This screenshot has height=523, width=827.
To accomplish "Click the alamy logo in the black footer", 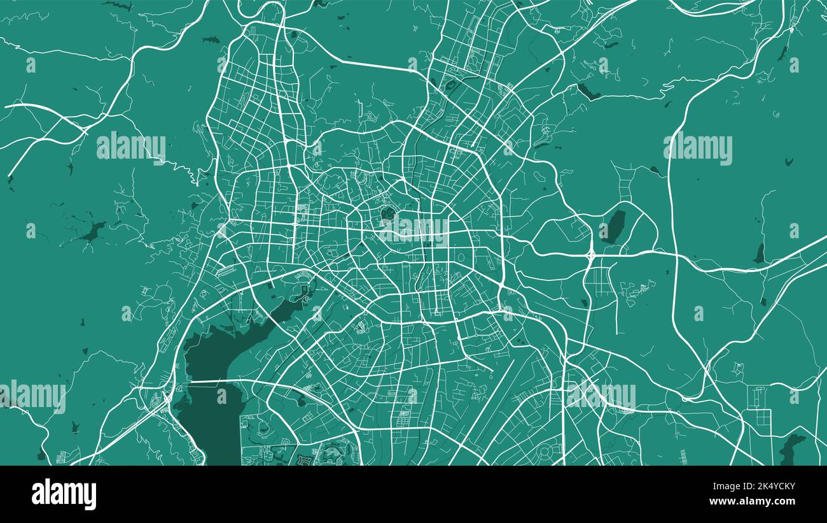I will (x=64, y=494).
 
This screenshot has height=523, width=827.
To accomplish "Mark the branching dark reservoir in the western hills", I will (x=93, y=233).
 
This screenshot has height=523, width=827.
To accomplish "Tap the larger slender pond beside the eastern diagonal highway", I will (x=759, y=253).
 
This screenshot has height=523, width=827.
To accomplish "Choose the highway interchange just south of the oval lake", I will (x=591, y=254).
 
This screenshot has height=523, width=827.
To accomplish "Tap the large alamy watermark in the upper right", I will (x=698, y=148).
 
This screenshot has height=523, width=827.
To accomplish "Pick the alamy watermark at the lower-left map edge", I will (x=33, y=396).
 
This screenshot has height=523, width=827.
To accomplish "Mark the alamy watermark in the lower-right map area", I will (x=601, y=396).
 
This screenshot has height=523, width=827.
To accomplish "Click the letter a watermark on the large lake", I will (x=221, y=396).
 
